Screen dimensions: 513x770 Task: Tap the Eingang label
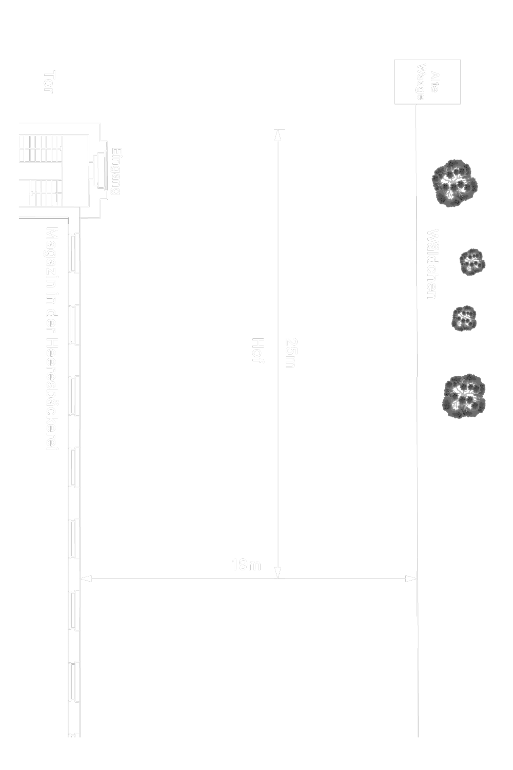coord(116,171)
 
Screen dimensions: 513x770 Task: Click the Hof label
coord(258,351)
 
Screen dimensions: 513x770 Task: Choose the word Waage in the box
coord(421,82)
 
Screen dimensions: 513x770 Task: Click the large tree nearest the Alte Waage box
coord(455,183)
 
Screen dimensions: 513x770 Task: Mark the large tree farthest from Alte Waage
coord(464,394)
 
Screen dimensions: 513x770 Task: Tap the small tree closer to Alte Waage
coord(471,262)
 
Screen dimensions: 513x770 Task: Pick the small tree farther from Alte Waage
coord(464,318)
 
